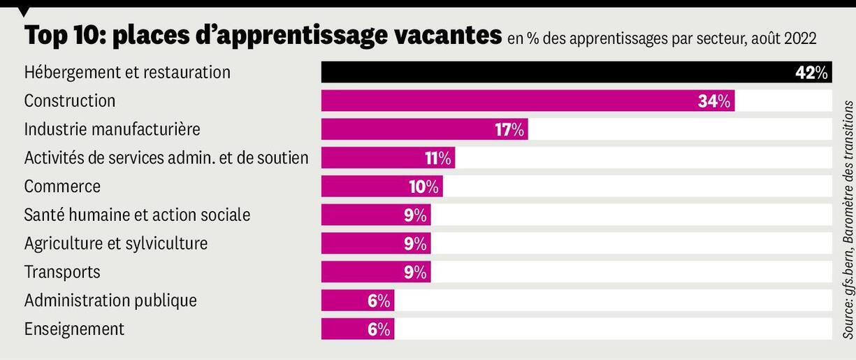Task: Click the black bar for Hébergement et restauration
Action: tap(559, 72)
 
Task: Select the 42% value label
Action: tap(811, 72)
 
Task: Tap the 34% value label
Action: tap(714, 101)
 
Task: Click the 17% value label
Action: tap(509, 129)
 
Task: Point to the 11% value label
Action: tap(438, 158)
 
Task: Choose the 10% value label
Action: tap(423, 187)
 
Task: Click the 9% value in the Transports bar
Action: tap(415, 272)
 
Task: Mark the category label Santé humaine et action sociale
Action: tap(137, 215)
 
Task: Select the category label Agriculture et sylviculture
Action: tap(115, 243)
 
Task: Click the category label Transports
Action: tap(62, 271)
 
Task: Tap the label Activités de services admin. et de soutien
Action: tap(166, 158)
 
